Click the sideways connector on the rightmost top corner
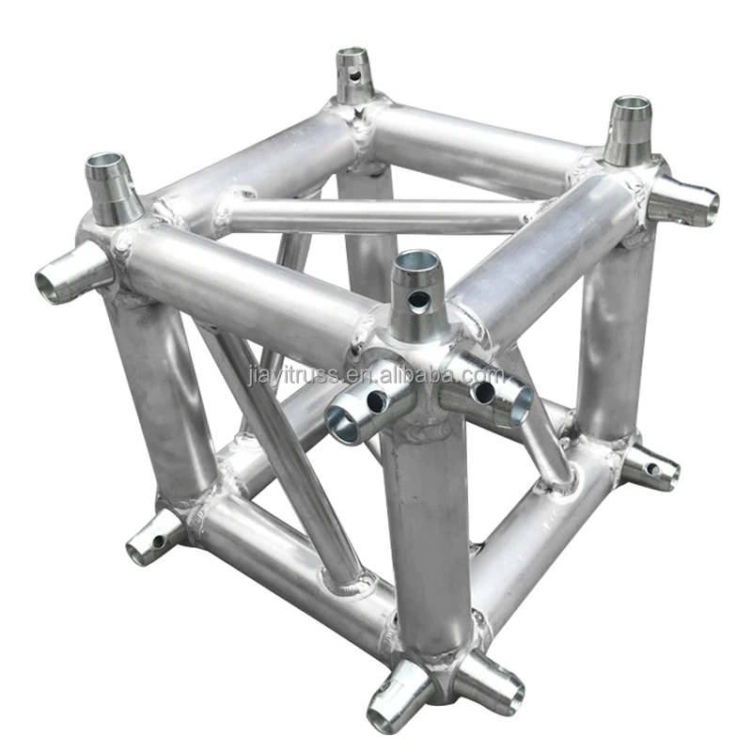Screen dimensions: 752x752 click(684, 199)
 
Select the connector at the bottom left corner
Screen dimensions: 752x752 click(156, 539)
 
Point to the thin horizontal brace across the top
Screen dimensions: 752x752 click(376, 215)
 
